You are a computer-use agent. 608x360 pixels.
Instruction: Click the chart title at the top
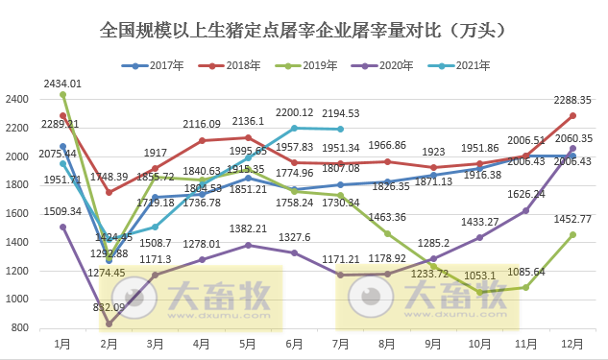tap(304, 32)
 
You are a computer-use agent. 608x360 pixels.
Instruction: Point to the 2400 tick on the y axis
tap(17, 99)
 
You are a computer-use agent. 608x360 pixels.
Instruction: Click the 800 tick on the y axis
tap(20, 328)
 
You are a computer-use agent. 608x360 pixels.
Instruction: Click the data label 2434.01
tap(62, 84)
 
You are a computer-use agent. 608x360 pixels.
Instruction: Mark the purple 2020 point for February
tap(109, 324)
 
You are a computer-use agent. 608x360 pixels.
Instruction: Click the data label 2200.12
tap(295, 113)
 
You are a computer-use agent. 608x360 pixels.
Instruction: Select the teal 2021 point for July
tap(341, 129)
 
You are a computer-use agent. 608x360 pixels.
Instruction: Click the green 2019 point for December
tap(573, 234)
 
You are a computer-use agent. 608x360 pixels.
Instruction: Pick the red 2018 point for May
tap(249, 137)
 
